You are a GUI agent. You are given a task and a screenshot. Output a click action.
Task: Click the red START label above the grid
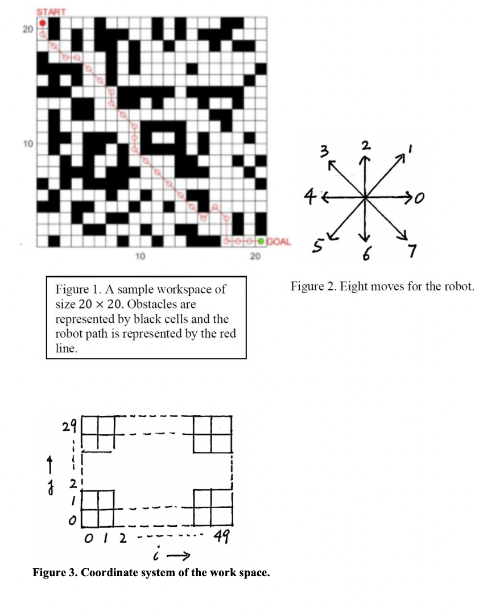coord(52,11)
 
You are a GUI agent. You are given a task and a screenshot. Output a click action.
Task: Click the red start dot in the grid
coord(42,24)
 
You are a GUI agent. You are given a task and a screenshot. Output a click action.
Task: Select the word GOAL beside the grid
coord(278,242)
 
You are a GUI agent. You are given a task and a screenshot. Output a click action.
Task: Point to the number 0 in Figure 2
coord(419,197)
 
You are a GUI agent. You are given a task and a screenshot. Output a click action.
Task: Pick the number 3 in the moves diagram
coord(324,151)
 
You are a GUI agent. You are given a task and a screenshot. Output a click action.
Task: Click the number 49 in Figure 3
coord(222,536)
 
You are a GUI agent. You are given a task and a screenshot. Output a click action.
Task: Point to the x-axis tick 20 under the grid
coord(254,257)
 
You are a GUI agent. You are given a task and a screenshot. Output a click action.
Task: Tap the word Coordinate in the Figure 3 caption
coord(109,572)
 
